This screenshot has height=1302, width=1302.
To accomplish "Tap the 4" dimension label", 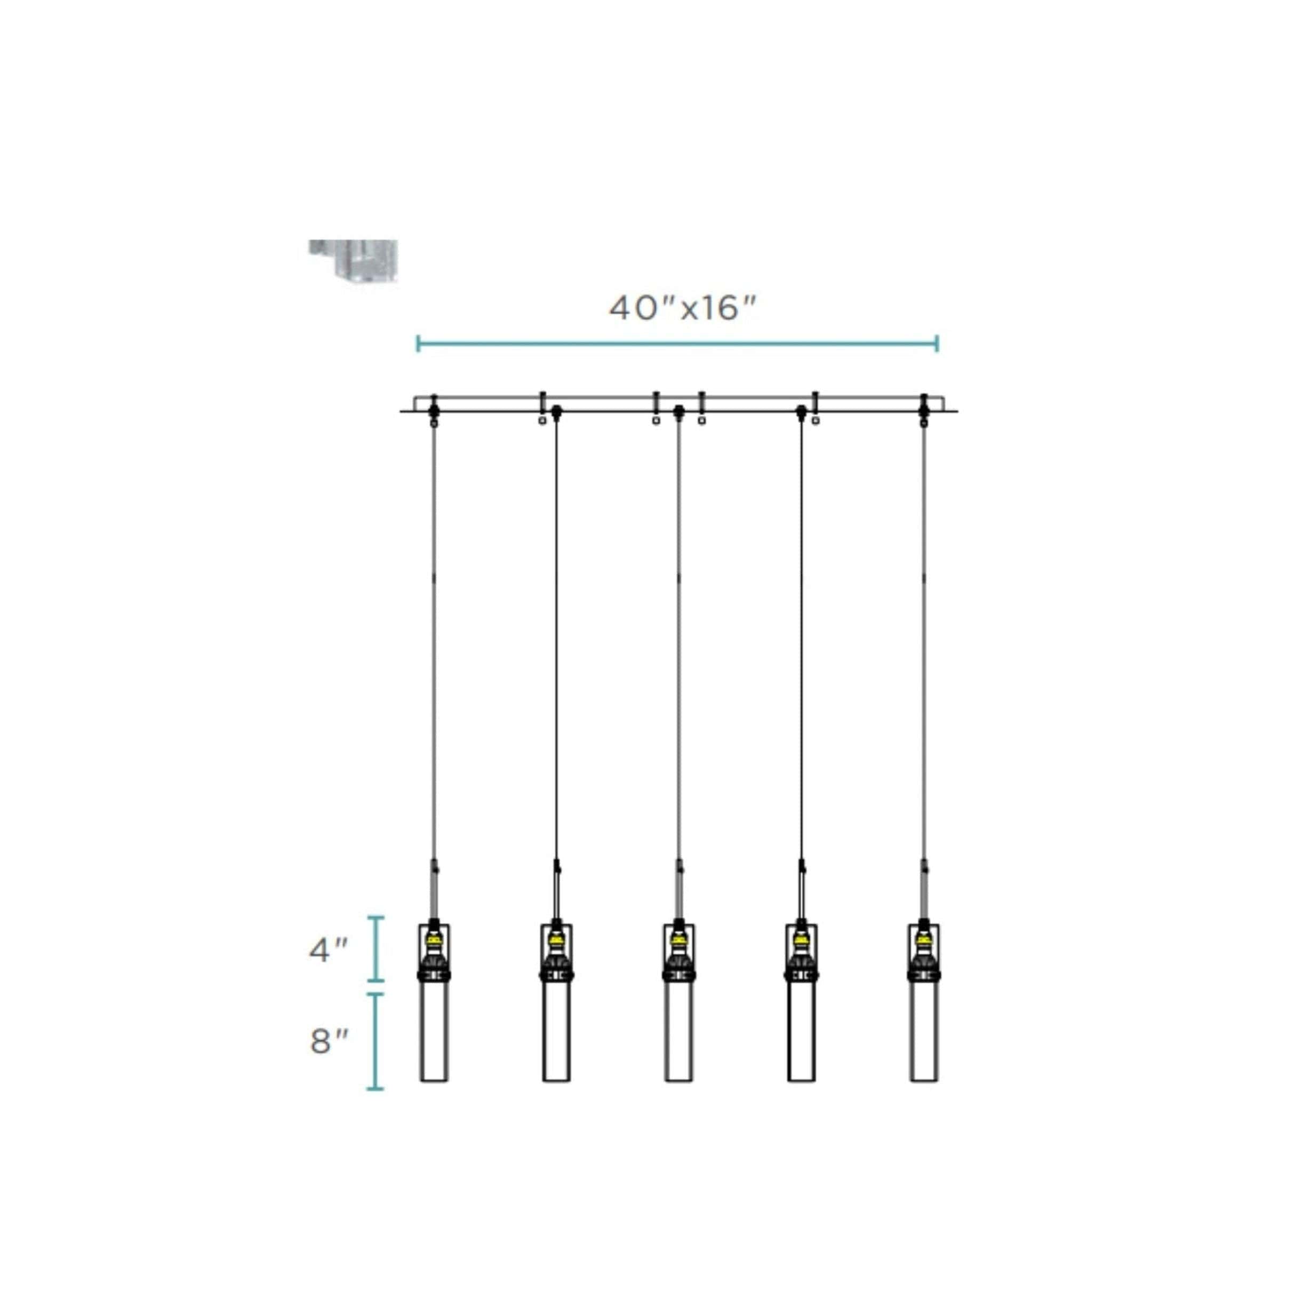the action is (328, 950).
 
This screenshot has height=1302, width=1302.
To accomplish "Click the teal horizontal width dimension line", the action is (677, 344).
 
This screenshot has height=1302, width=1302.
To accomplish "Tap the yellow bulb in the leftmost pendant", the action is (434, 939).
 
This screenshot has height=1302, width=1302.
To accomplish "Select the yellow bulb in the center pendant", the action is (678, 939).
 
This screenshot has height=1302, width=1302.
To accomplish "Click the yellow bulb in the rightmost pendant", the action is (924, 939).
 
